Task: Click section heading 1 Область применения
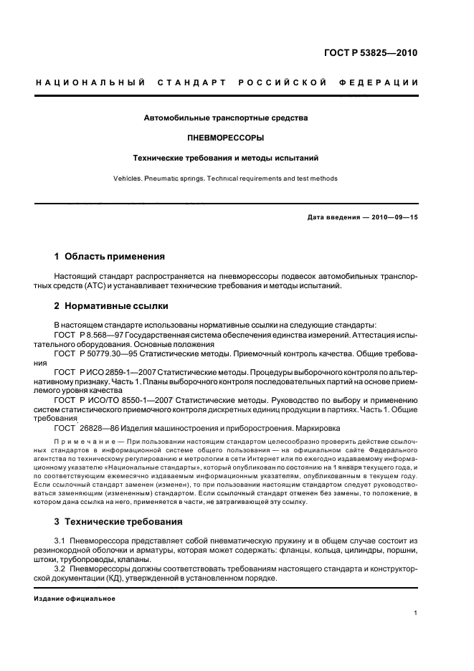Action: (x=110, y=256)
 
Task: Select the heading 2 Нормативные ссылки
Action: (x=111, y=306)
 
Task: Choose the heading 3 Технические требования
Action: (x=118, y=520)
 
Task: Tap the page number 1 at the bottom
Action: (x=416, y=613)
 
